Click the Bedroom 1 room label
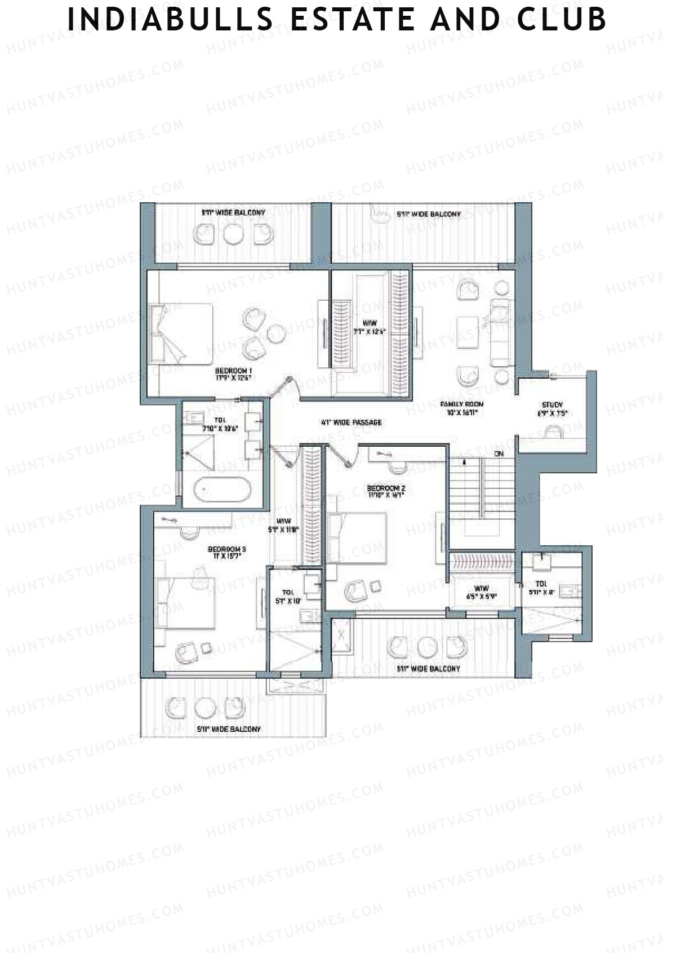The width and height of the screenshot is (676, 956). pos(233,374)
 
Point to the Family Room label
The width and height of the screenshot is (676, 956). pos(462,408)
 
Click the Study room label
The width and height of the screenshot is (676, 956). pos(552,409)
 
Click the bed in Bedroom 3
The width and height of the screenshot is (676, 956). pos(185,602)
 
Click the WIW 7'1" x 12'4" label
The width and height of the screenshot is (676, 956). pos(370,327)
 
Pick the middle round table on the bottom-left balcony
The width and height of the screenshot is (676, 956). pos(202,707)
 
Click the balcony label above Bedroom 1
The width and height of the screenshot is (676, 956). pos(233,213)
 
